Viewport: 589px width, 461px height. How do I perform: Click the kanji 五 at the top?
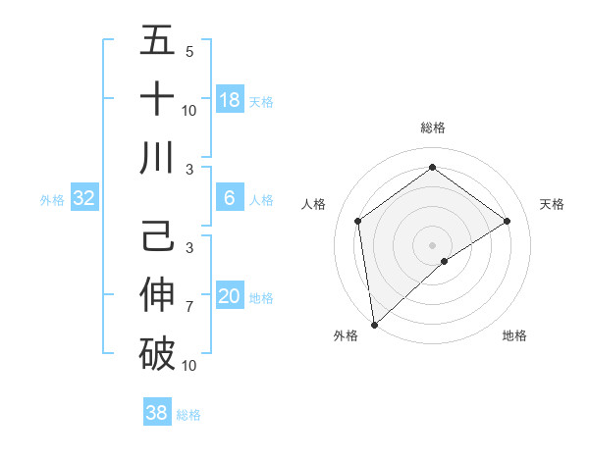click(157, 41)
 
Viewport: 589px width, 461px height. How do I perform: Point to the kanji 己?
click(157, 238)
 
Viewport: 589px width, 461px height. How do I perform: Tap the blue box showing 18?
click(230, 100)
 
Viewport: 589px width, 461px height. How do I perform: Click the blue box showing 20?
click(230, 296)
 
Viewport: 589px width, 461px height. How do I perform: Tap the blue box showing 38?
click(156, 413)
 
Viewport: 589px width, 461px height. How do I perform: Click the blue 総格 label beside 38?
click(188, 415)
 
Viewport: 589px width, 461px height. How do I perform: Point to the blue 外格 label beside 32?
click(52, 200)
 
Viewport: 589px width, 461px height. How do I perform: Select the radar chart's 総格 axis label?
click(432, 128)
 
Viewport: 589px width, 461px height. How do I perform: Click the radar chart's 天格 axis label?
click(552, 204)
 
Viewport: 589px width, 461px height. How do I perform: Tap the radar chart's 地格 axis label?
click(514, 335)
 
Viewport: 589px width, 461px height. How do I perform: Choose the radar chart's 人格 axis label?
click(314, 204)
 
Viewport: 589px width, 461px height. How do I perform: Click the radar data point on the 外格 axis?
click(374, 324)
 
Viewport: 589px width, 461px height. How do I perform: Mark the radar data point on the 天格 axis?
click(508, 221)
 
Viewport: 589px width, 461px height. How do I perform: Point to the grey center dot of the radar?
click(432, 244)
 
